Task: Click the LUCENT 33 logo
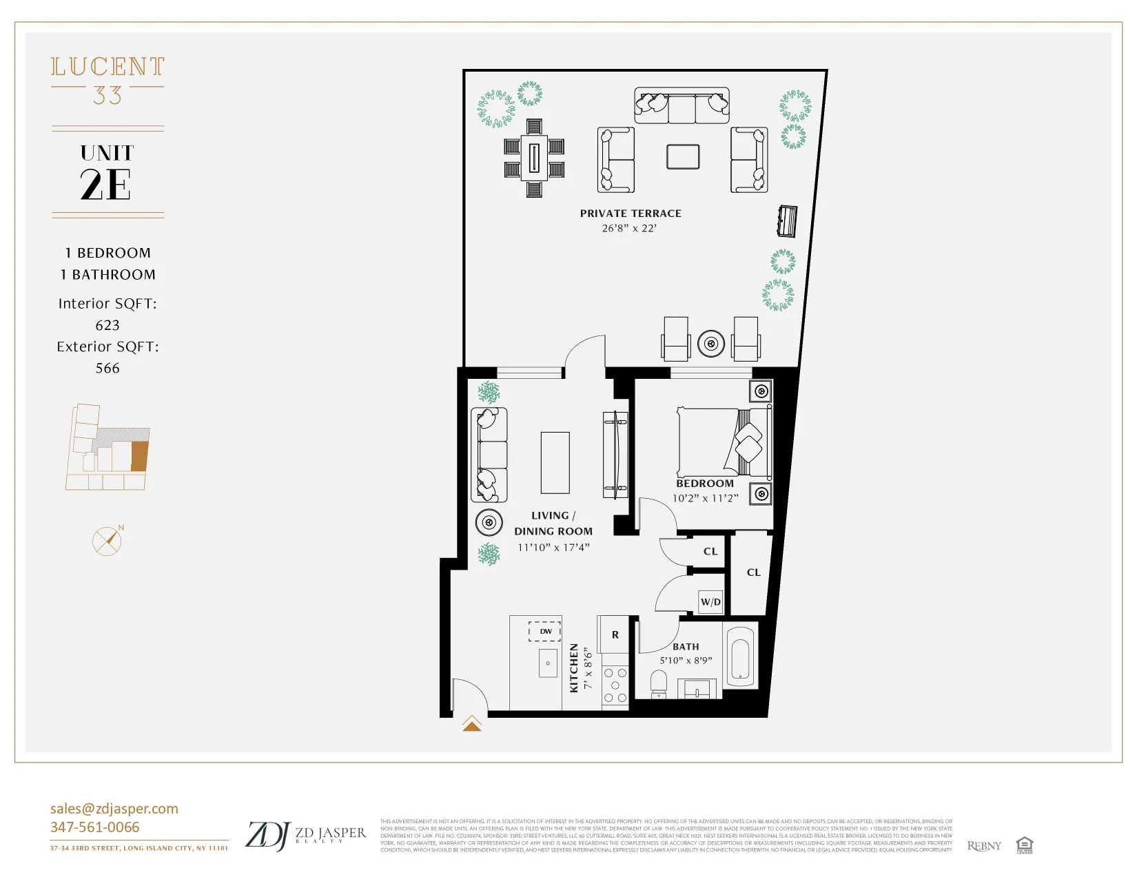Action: [107, 79]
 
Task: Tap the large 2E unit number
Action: [106, 185]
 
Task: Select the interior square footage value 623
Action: [107, 325]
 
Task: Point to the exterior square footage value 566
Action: [107, 368]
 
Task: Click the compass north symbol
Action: [107, 541]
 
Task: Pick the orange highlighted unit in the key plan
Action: [140, 456]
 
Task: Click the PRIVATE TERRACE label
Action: [631, 214]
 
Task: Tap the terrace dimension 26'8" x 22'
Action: [629, 229]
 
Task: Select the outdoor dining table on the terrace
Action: [534, 158]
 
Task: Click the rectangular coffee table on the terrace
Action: [683, 156]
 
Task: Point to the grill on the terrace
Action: [788, 220]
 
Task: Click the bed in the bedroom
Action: [720, 442]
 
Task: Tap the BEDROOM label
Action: [705, 484]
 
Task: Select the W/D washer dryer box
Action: [710, 601]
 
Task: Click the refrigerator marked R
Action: [615, 634]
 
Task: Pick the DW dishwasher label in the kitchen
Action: [545, 631]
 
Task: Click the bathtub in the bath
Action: [740, 656]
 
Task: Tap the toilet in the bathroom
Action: [659, 683]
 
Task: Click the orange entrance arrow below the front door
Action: [472, 724]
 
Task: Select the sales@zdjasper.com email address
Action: [114, 809]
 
